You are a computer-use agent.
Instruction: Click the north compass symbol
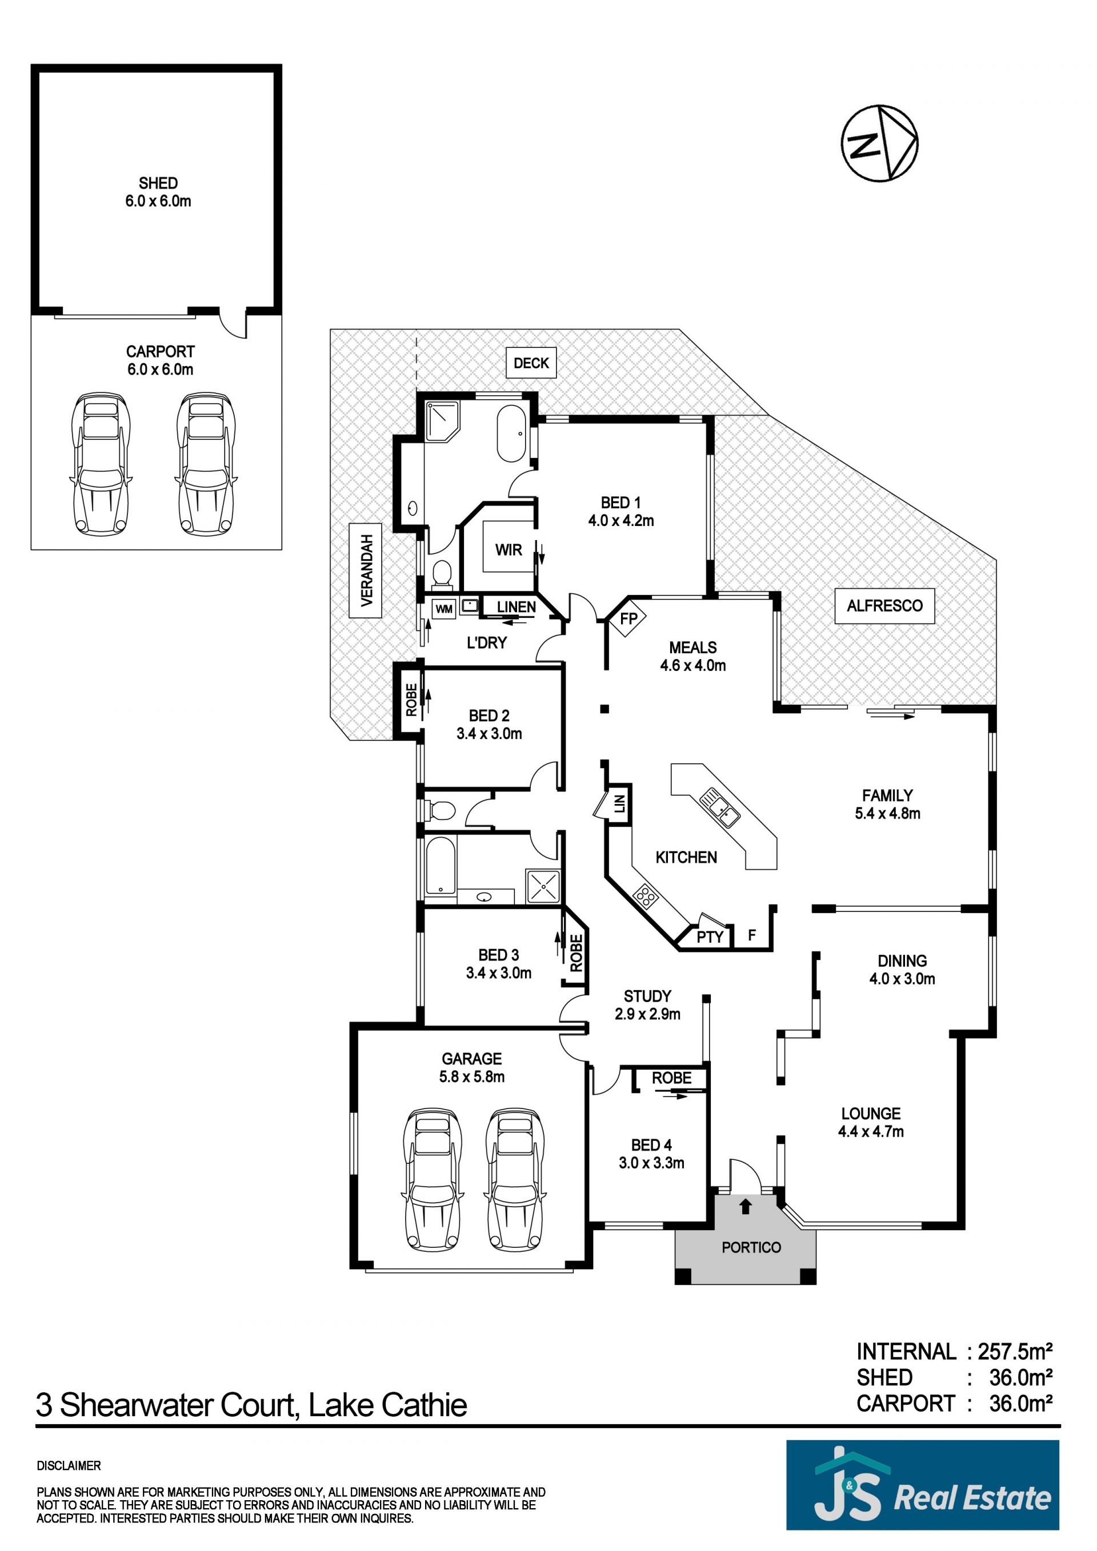[x=879, y=143]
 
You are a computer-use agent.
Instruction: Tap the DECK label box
[x=531, y=363]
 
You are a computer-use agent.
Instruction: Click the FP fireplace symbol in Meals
[x=628, y=617]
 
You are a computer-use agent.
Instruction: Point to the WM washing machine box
[x=443, y=609]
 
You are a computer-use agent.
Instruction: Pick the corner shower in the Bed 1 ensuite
[x=442, y=420]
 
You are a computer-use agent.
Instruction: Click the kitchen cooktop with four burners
[x=646, y=897]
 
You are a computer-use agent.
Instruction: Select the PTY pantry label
[x=710, y=937]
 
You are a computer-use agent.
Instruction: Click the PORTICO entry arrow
[x=745, y=1206]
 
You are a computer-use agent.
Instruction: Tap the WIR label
[x=509, y=550]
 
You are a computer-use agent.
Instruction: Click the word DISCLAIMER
[x=69, y=1466]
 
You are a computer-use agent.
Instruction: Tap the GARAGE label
[x=472, y=1059]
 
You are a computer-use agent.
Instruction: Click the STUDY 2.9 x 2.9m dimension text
[x=647, y=1014]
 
